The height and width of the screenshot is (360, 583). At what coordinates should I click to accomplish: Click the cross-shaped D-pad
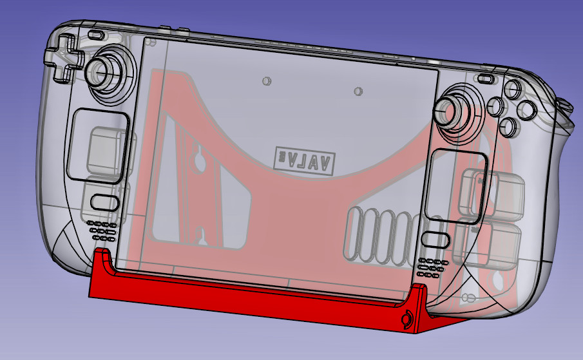(x=64, y=58)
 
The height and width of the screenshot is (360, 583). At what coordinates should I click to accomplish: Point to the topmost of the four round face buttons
(x=513, y=89)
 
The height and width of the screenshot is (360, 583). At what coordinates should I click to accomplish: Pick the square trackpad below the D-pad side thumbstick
(x=101, y=146)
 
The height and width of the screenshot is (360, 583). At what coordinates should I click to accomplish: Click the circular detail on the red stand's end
(x=406, y=319)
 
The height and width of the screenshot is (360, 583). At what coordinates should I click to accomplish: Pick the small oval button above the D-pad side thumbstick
(x=96, y=34)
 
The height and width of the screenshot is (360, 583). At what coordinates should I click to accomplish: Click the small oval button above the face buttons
(x=486, y=79)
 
